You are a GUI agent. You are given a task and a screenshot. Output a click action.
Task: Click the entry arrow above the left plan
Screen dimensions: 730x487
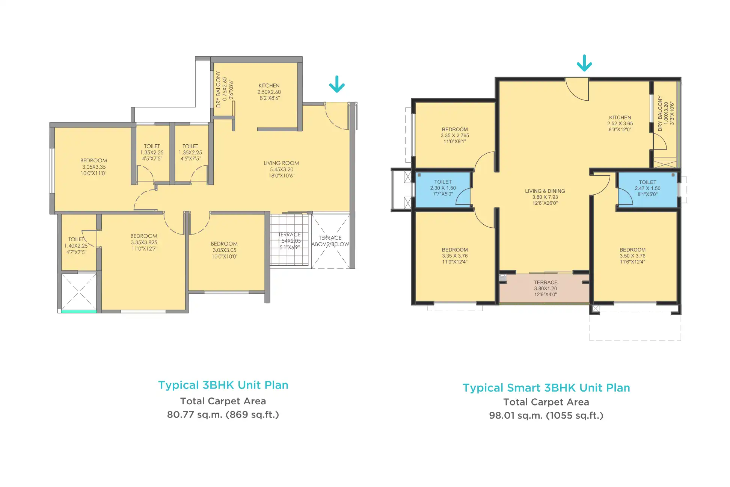tap(337, 84)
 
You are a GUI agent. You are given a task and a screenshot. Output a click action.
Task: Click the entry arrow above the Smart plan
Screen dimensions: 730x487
tap(584, 63)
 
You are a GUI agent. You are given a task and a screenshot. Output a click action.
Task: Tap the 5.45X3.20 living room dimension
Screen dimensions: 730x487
tap(281, 169)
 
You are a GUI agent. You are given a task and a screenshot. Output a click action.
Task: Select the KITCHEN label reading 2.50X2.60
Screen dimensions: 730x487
tap(269, 92)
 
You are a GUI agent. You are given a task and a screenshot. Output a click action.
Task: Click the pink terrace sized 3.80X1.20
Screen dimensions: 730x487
tap(544, 288)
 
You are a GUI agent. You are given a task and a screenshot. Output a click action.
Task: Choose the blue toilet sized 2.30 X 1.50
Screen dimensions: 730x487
tap(443, 189)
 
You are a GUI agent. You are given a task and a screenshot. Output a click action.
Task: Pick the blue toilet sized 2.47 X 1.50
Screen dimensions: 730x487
tap(647, 189)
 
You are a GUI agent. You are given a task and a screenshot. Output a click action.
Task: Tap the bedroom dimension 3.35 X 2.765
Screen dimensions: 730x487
tap(455, 136)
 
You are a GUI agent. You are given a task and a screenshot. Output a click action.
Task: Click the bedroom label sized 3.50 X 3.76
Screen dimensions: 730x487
tap(632, 256)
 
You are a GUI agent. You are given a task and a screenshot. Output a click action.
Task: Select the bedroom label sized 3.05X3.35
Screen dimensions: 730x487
tap(94, 167)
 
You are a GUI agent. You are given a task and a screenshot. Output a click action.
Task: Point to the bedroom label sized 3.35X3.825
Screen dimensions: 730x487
tap(144, 242)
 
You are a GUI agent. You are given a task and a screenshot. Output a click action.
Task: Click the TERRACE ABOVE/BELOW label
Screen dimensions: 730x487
tap(330, 241)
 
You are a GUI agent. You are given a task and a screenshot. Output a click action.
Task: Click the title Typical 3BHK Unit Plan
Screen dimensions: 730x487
tap(223, 385)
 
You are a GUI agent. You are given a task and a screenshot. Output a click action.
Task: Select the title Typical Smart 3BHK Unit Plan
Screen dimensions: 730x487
tap(546, 388)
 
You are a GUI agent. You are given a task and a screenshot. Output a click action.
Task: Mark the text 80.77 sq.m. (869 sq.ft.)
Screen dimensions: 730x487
tap(223, 414)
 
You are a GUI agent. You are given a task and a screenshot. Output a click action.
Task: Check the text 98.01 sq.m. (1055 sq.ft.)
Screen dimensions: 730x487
tap(546, 416)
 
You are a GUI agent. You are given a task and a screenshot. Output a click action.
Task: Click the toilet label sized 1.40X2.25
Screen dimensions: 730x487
tap(76, 246)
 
